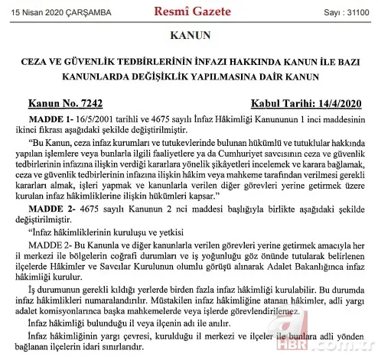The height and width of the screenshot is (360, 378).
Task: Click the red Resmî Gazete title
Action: point(188,11)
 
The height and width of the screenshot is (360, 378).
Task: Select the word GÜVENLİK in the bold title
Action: point(119,63)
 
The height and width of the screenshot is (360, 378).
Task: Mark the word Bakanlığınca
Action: point(309,268)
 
